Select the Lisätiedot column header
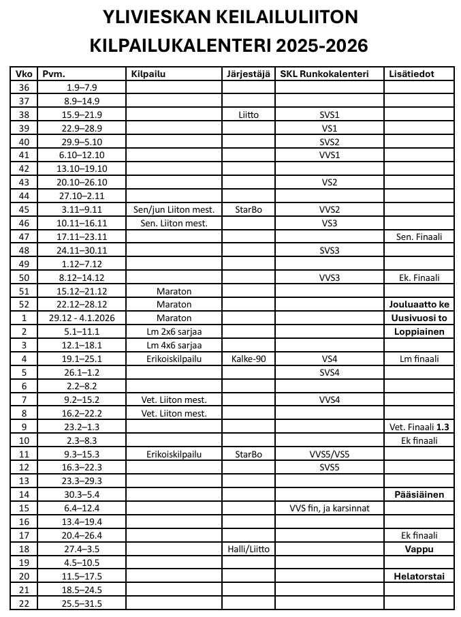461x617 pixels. pyautogui.click(x=410, y=74)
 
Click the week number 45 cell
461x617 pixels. pyautogui.click(x=25, y=209)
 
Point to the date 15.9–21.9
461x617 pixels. pyautogui.click(x=82, y=115)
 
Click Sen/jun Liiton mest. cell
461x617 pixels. pyautogui.click(x=174, y=209)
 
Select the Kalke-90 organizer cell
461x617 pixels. pyautogui.click(x=249, y=359)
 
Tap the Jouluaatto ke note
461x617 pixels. pyautogui.click(x=419, y=304)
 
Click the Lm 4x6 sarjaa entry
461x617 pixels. pyautogui.click(x=174, y=345)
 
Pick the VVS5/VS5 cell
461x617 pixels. pyautogui.click(x=330, y=453)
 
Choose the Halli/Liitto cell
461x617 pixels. pyautogui.click(x=249, y=549)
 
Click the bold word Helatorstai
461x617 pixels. pyautogui.click(x=419, y=576)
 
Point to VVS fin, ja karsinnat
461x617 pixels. pyautogui.click(x=330, y=508)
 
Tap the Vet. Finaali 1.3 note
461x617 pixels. pyautogui.click(x=419, y=427)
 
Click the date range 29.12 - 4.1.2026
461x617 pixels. pyautogui.click(x=82, y=318)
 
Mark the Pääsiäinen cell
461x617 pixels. pyautogui.click(x=419, y=494)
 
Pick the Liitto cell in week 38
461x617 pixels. pyautogui.click(x=249, y=115)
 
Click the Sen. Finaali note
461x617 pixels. pyautogui.click(x=419, y=237)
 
